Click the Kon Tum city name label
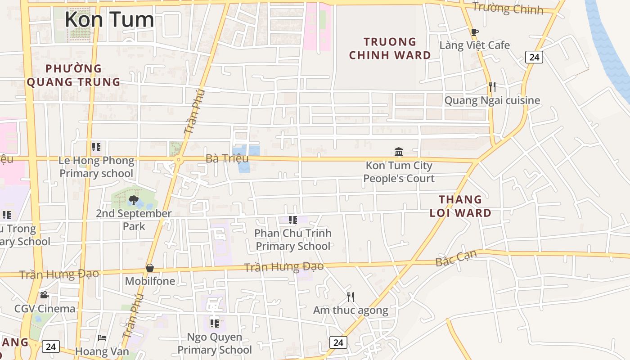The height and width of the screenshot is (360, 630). point(109,20)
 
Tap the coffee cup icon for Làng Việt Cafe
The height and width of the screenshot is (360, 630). point(474,32)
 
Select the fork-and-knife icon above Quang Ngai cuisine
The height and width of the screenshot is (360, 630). point(492,86)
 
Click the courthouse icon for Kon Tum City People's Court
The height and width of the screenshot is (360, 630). point(399,152)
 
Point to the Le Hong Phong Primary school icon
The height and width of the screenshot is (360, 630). point(96,147)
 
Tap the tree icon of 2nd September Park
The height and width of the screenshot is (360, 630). point(133,200)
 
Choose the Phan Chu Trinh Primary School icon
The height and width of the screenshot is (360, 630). point(293,220)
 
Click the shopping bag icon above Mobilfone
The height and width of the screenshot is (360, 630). point(150,268)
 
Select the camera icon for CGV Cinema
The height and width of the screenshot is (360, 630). point(44,295)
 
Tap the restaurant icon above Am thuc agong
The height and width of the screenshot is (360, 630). point(351,297)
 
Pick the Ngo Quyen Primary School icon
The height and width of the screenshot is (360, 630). point(215,323)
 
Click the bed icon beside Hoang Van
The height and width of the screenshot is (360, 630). point(103,337)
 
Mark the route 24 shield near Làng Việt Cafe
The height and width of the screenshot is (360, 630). point(534,57)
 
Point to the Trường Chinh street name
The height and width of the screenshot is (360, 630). point(508,8)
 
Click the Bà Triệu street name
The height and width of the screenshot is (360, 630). point(227,158)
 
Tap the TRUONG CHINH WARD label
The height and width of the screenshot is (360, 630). point(390,49)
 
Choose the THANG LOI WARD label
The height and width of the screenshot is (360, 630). point(460,206)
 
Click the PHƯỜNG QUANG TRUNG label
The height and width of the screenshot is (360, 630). point(74,75)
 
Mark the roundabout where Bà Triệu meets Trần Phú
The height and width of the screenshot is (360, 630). point(179,159)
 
